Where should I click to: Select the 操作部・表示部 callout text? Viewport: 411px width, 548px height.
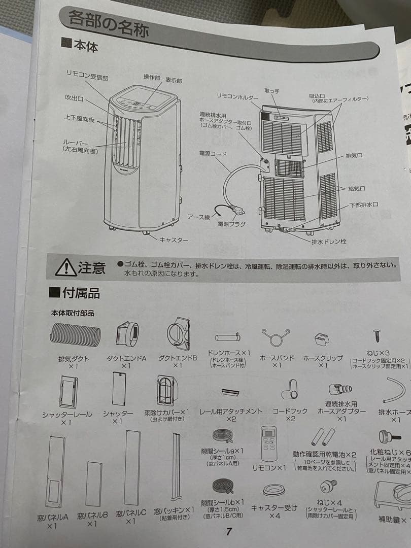pyautogui.click(x=162, y=79)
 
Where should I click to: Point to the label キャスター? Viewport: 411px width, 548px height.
pyautogui.click(x=174, y=239)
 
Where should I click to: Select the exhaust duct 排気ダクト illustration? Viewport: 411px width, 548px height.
pyautogui.click(x=75, y=335)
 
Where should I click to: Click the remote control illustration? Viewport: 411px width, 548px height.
pyautogui.click(x=269, y=444)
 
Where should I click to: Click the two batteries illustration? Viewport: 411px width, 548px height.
pyautogui.click(x=323, y=436)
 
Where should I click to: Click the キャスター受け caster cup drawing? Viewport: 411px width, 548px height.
pyautogui.click(x=274, y=489)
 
